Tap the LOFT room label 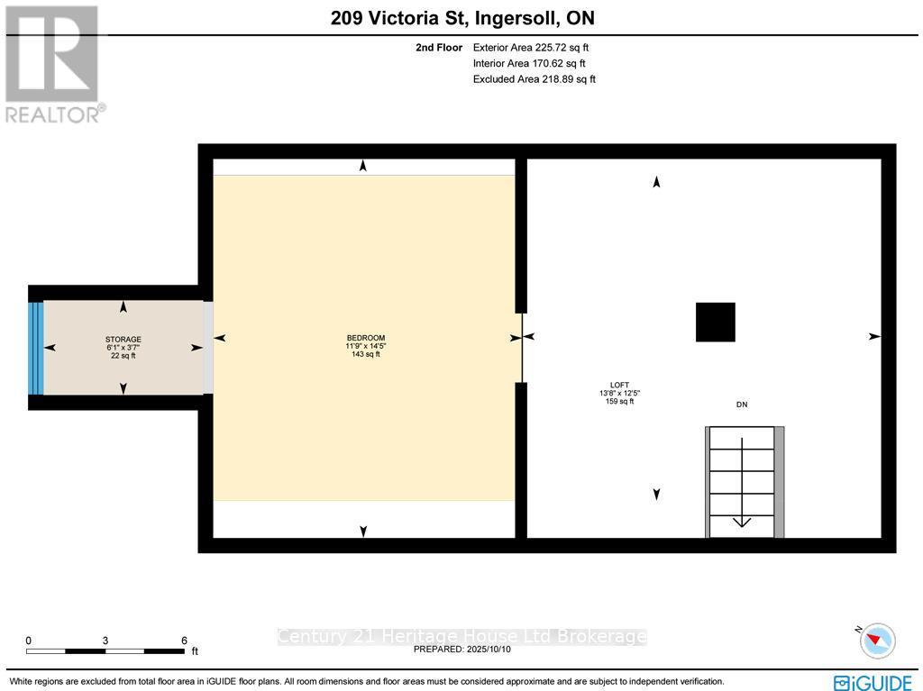619,385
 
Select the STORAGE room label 123,340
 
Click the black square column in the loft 715,322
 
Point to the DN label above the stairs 742,405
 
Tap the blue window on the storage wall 35,348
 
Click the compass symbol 877,641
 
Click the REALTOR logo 54,63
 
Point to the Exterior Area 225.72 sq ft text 531,48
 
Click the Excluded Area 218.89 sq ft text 534,79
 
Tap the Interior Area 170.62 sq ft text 529,64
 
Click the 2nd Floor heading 439,48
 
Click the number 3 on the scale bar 105,641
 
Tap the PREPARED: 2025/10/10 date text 461,649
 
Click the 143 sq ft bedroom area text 366,355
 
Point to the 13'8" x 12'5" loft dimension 619,393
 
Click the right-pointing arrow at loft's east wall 874,336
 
